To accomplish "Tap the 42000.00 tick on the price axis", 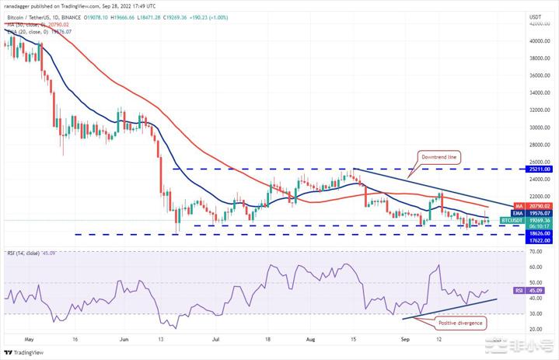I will pyautogui.click(x=539, y=25).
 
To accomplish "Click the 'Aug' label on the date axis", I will pyautogui.click(x=311, y=339).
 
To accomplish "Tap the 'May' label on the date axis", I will pyautogui.click(x=30, y=339).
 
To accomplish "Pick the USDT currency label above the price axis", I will pyautogui.click(x=535, y=16).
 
